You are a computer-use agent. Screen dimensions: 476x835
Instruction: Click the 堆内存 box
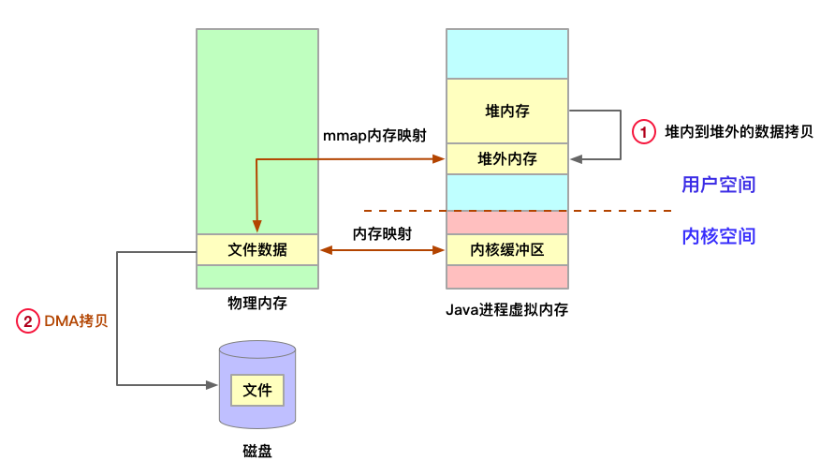[506, 112]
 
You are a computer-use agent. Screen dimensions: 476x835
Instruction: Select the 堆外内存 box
[506, 159]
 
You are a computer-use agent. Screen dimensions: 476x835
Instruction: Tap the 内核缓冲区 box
[506, 250]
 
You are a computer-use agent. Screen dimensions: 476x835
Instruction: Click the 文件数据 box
[257, 250]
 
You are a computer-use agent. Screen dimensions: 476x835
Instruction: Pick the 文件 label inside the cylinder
[257, 390]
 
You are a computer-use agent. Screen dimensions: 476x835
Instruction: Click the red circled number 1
[644, 132]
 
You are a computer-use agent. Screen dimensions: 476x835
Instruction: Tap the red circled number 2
[28, 321]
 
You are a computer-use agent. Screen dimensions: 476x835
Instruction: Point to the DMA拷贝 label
[77, 321]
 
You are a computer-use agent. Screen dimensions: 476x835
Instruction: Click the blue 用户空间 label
[718, 185]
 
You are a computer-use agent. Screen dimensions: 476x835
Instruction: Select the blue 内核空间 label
[718, 236]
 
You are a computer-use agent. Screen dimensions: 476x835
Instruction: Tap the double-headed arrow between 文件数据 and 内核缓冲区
[382, 250]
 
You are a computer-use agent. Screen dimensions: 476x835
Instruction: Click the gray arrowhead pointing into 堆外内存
[574, 159]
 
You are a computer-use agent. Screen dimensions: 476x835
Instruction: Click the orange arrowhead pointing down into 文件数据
[256, 228]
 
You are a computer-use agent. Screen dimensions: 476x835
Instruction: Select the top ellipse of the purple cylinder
[257, 350]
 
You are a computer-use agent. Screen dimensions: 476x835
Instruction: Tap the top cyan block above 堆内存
[506, 54]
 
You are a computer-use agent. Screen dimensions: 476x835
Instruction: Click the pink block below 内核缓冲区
[506, 276]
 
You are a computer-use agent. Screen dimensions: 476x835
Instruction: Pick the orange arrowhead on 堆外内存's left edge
[439, 159]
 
